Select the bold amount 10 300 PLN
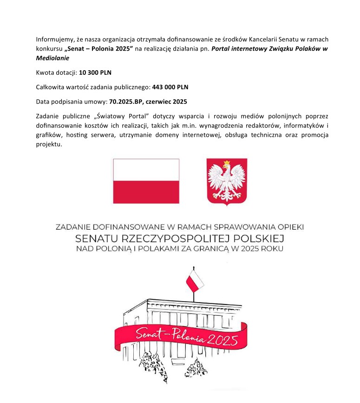coord(95,73)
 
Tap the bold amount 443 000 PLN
coord(170,87)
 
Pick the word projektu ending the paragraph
coord(48,144)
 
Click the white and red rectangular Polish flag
coord(146,181)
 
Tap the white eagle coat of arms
coord(227,182)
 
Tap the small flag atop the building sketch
coord(195,280)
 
